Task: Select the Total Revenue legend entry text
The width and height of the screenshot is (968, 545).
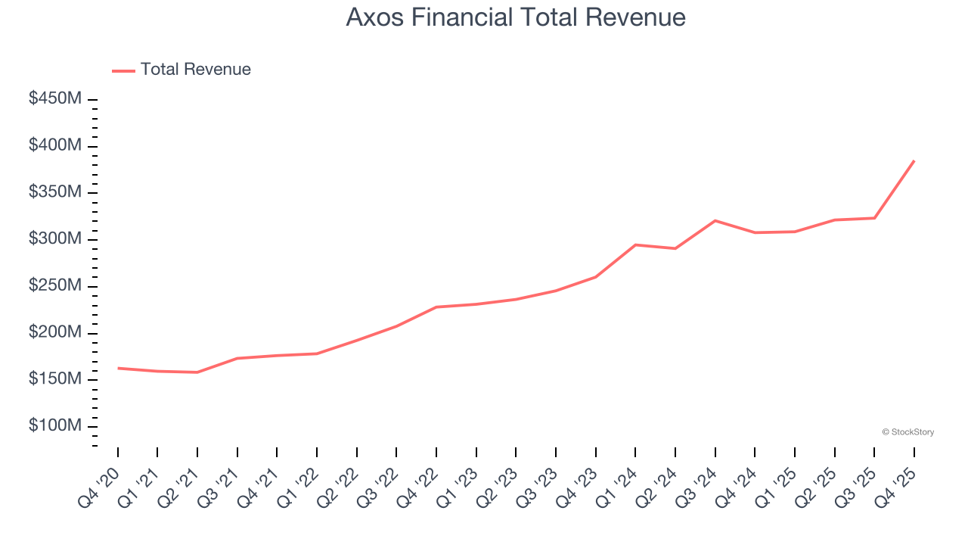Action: pyautogui.click(x=195, y=70)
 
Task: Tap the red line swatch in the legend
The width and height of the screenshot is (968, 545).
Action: pyautogui.click(x=123, y=70)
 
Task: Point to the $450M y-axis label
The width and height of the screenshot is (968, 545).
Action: pyautogui.click(x=55, y=99)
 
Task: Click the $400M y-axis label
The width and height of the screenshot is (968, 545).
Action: pyautogui.click(x=55, y=145)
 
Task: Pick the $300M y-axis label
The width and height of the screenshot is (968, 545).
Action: pyautogui.click(x=55, y=239)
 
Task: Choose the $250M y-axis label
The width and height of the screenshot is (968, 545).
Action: pyautogui.click(x=55, y=286)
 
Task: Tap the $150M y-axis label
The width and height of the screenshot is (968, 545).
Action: pyautogui.click(x=55, y=379)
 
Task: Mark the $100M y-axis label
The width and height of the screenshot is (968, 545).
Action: pyautogui.click(x=55, y=426)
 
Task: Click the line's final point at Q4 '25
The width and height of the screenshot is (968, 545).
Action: pyautogui.click(x=914, y=161)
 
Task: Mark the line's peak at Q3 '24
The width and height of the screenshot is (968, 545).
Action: pyautogui.click(x=715, y=220)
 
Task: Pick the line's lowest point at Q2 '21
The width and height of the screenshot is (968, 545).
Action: pyautogui.click(x=197, y=372)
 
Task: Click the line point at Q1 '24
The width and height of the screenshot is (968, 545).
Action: pyautogui.click(x=635, y=244)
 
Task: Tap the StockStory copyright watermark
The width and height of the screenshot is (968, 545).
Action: pyautogui.click(x=907, y=432)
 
